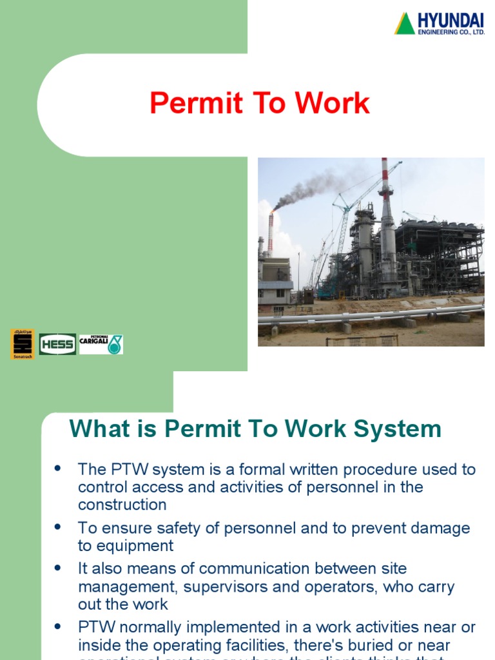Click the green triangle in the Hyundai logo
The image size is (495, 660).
(x=405, y=24)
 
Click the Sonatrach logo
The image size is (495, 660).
(x=22, y=344)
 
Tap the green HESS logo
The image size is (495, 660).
(x=57, y=344)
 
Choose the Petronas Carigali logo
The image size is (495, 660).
(x=101, y=344)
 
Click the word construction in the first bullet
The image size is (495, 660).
(x=122, y=504)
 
